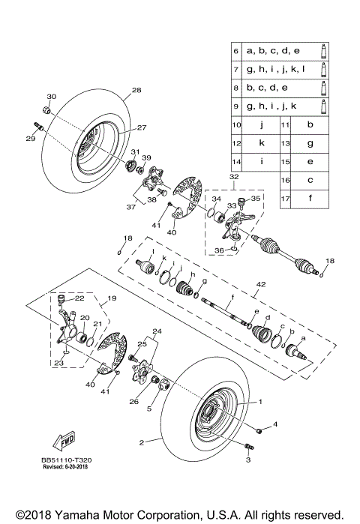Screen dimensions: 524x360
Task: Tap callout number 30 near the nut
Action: point(52,97)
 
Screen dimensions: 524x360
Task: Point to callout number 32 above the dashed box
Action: point(234,177)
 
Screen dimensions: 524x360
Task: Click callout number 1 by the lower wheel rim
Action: point(261,402)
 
